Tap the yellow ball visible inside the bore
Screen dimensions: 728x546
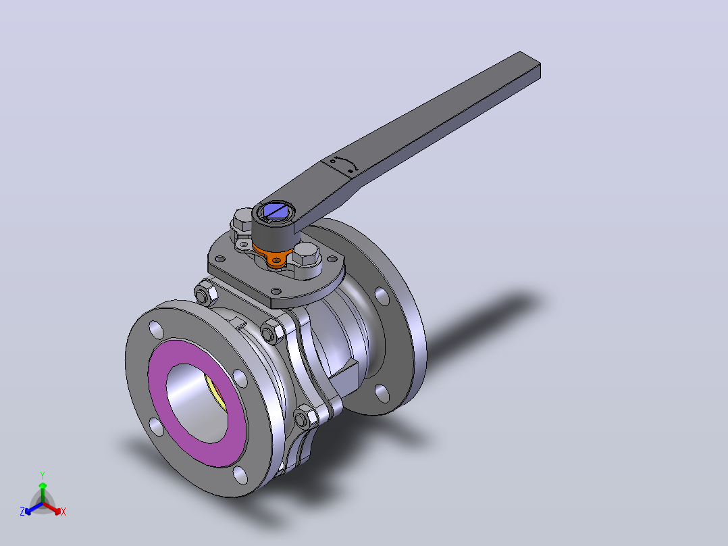coord(215,393)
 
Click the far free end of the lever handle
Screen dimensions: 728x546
coord(529,65)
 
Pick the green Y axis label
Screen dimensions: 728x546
coord(43,476)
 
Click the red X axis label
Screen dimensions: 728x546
coord(63,512)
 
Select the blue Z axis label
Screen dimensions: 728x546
coord(22,512)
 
